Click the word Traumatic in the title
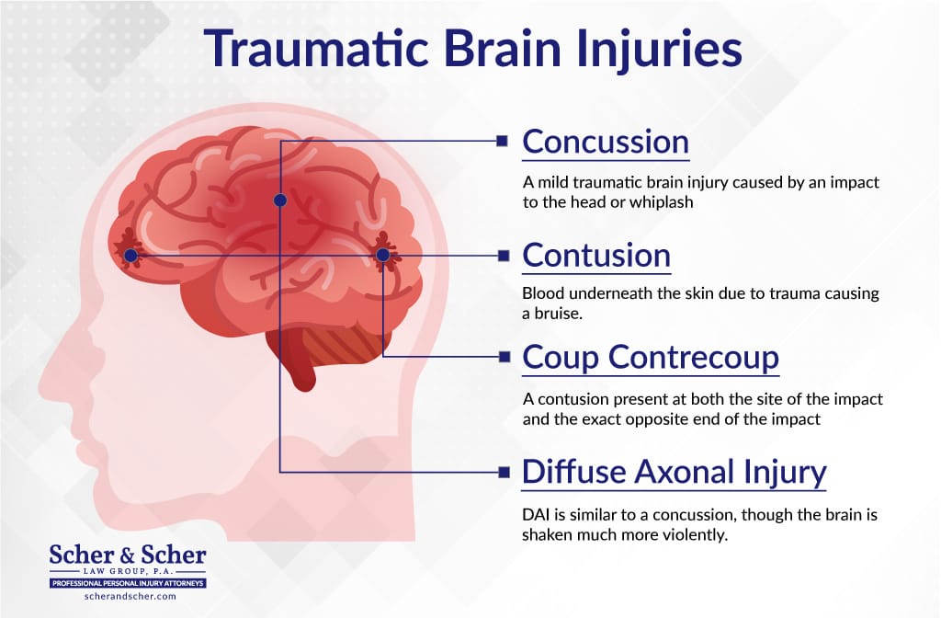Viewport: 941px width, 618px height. (316, 48)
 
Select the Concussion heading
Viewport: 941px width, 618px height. (606, 142)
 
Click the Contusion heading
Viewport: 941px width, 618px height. (595, 256)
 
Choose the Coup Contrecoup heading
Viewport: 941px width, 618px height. (651, 358)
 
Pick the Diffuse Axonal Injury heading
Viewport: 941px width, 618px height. (674, 472)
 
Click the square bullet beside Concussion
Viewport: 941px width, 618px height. (503, 142)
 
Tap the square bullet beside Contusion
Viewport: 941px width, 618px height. (504, 256)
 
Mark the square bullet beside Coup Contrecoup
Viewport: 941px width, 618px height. (505, 358)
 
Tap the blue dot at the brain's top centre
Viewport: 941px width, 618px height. (280, 200)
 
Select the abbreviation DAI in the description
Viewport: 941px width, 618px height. (535, 515)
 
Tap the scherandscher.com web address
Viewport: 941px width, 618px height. (130, 596)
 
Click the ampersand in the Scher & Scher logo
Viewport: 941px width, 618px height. (127, 555)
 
